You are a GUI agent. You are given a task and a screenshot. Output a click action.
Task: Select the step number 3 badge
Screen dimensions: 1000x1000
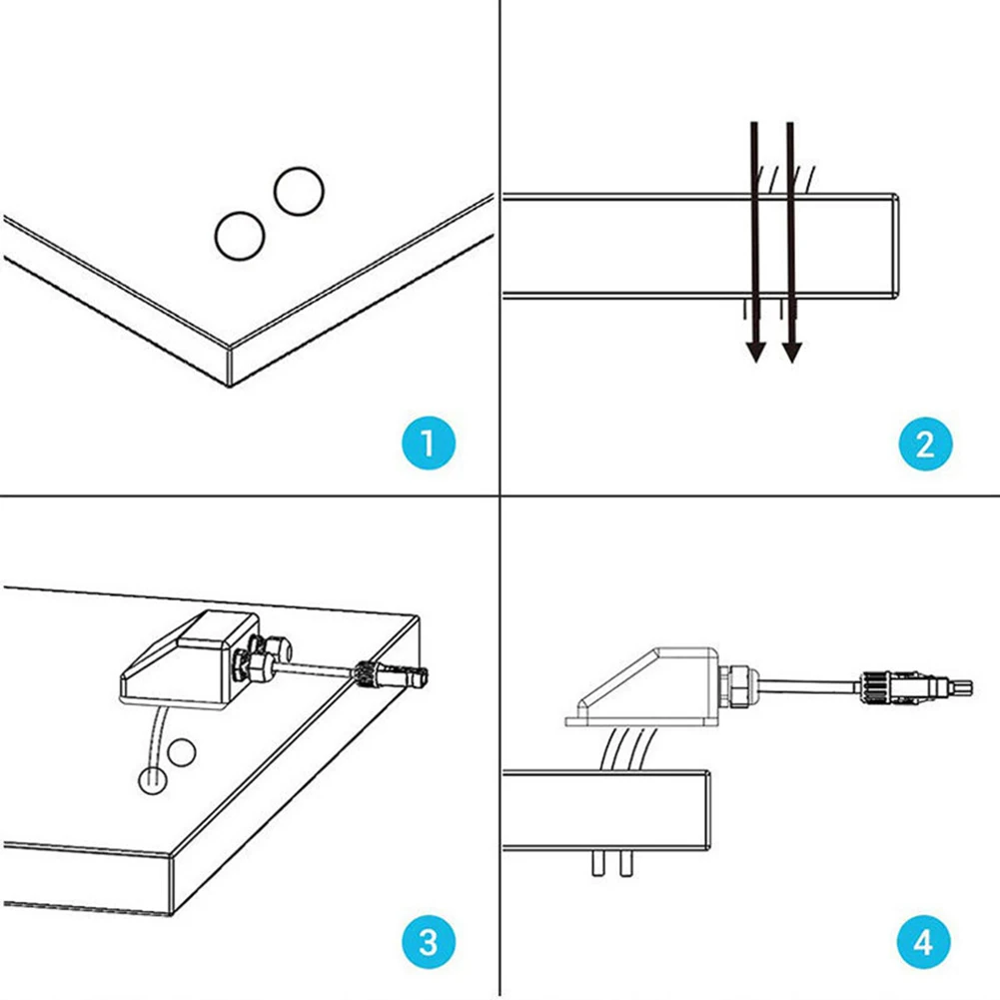click(x=429, y=941)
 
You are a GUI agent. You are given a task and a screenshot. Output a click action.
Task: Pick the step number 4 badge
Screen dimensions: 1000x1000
click(x=925, y=941)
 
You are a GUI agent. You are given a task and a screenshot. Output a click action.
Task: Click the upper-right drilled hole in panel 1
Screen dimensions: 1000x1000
click(x=299, y=191)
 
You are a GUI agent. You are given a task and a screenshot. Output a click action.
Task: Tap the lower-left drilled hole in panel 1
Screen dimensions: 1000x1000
click(x=240, y=235)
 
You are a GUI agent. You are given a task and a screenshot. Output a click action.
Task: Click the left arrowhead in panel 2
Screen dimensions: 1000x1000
click(x=756, y=350)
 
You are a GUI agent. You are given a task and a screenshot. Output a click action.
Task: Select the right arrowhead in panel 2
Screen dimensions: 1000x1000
click(x=791, y=350)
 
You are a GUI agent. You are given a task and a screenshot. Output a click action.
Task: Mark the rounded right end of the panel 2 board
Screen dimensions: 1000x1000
click(x=897, y=246)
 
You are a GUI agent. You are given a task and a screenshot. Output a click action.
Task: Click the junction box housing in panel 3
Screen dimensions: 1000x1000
click(x=180, y=660)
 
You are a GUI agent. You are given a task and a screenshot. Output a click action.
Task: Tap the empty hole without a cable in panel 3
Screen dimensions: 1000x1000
click(x=181, y=753)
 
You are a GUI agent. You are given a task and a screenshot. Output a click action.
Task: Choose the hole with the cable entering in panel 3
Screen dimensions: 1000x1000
click(x=150, y=778)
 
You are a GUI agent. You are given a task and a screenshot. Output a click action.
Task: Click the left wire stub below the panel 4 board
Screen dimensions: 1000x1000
click(x=597, y=863)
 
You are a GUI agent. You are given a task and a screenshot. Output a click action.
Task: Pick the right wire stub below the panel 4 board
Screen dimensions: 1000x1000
click(x=625, y=863)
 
